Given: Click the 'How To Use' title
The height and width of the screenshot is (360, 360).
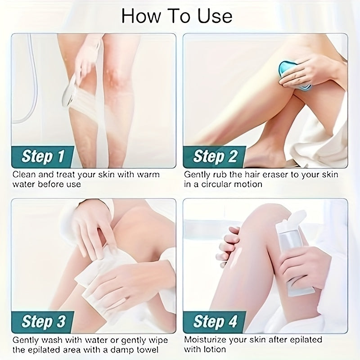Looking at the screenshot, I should [177, 16].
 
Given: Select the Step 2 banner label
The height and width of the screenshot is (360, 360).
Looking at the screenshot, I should [215, 156].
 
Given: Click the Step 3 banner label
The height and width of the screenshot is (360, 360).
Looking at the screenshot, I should [44, 321].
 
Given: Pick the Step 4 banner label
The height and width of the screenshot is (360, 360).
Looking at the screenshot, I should [215, 321].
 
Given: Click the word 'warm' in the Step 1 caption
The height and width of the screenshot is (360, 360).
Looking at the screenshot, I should [148, 175].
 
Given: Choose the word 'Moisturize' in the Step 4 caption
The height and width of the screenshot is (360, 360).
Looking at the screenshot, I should [204, 340].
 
